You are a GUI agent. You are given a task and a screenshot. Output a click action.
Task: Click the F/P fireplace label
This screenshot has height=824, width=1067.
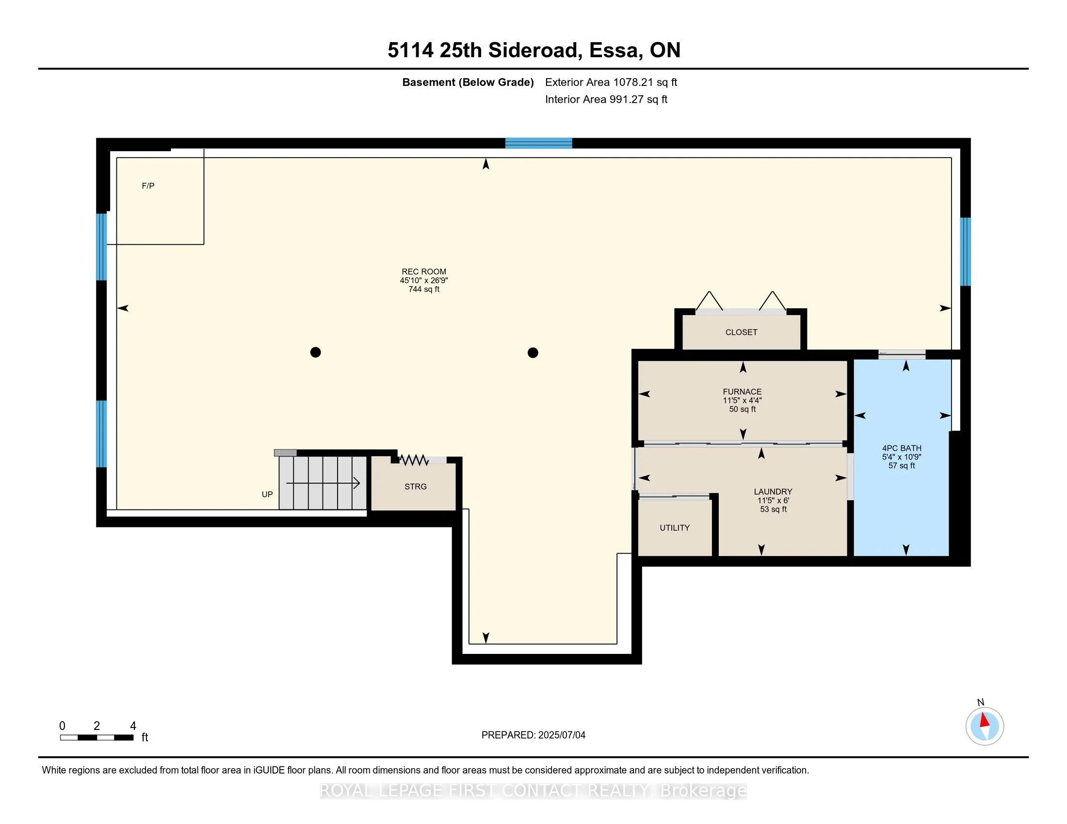[148, 186]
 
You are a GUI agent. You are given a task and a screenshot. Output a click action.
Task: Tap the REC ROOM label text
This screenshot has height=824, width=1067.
[423, 272]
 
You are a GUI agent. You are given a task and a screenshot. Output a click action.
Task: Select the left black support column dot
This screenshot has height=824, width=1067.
[316, 352]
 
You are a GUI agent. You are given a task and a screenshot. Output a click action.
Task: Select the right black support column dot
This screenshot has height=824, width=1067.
[533, 352]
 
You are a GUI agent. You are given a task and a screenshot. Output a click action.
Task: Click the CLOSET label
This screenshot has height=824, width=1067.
[741, 333]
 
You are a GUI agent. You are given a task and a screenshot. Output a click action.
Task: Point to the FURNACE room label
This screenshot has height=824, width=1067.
[742, 392]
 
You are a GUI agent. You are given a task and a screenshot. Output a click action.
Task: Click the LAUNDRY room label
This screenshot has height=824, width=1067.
[773, 491]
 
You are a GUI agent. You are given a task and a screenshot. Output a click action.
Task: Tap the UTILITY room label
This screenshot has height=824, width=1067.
[675, 528]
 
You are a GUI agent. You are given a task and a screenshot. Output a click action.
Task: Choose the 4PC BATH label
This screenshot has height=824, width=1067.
[902, 448]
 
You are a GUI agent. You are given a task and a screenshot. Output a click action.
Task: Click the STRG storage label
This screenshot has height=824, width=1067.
[415, 487]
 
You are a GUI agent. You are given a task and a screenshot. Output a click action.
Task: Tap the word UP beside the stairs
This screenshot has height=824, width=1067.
[267, 494]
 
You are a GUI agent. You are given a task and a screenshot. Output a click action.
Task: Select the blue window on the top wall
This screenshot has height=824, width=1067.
[538, 143]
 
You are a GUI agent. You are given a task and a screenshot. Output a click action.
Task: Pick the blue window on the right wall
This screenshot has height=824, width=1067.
[965, 252]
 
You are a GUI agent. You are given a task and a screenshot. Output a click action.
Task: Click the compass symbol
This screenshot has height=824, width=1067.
[985, 727]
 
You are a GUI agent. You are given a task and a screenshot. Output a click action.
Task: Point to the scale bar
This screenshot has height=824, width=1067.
[97, 738]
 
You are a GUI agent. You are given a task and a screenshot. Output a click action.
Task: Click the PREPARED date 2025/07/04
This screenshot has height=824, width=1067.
[561, 735]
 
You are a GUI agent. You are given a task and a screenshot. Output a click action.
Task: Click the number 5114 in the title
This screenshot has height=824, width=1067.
[410, 50]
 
